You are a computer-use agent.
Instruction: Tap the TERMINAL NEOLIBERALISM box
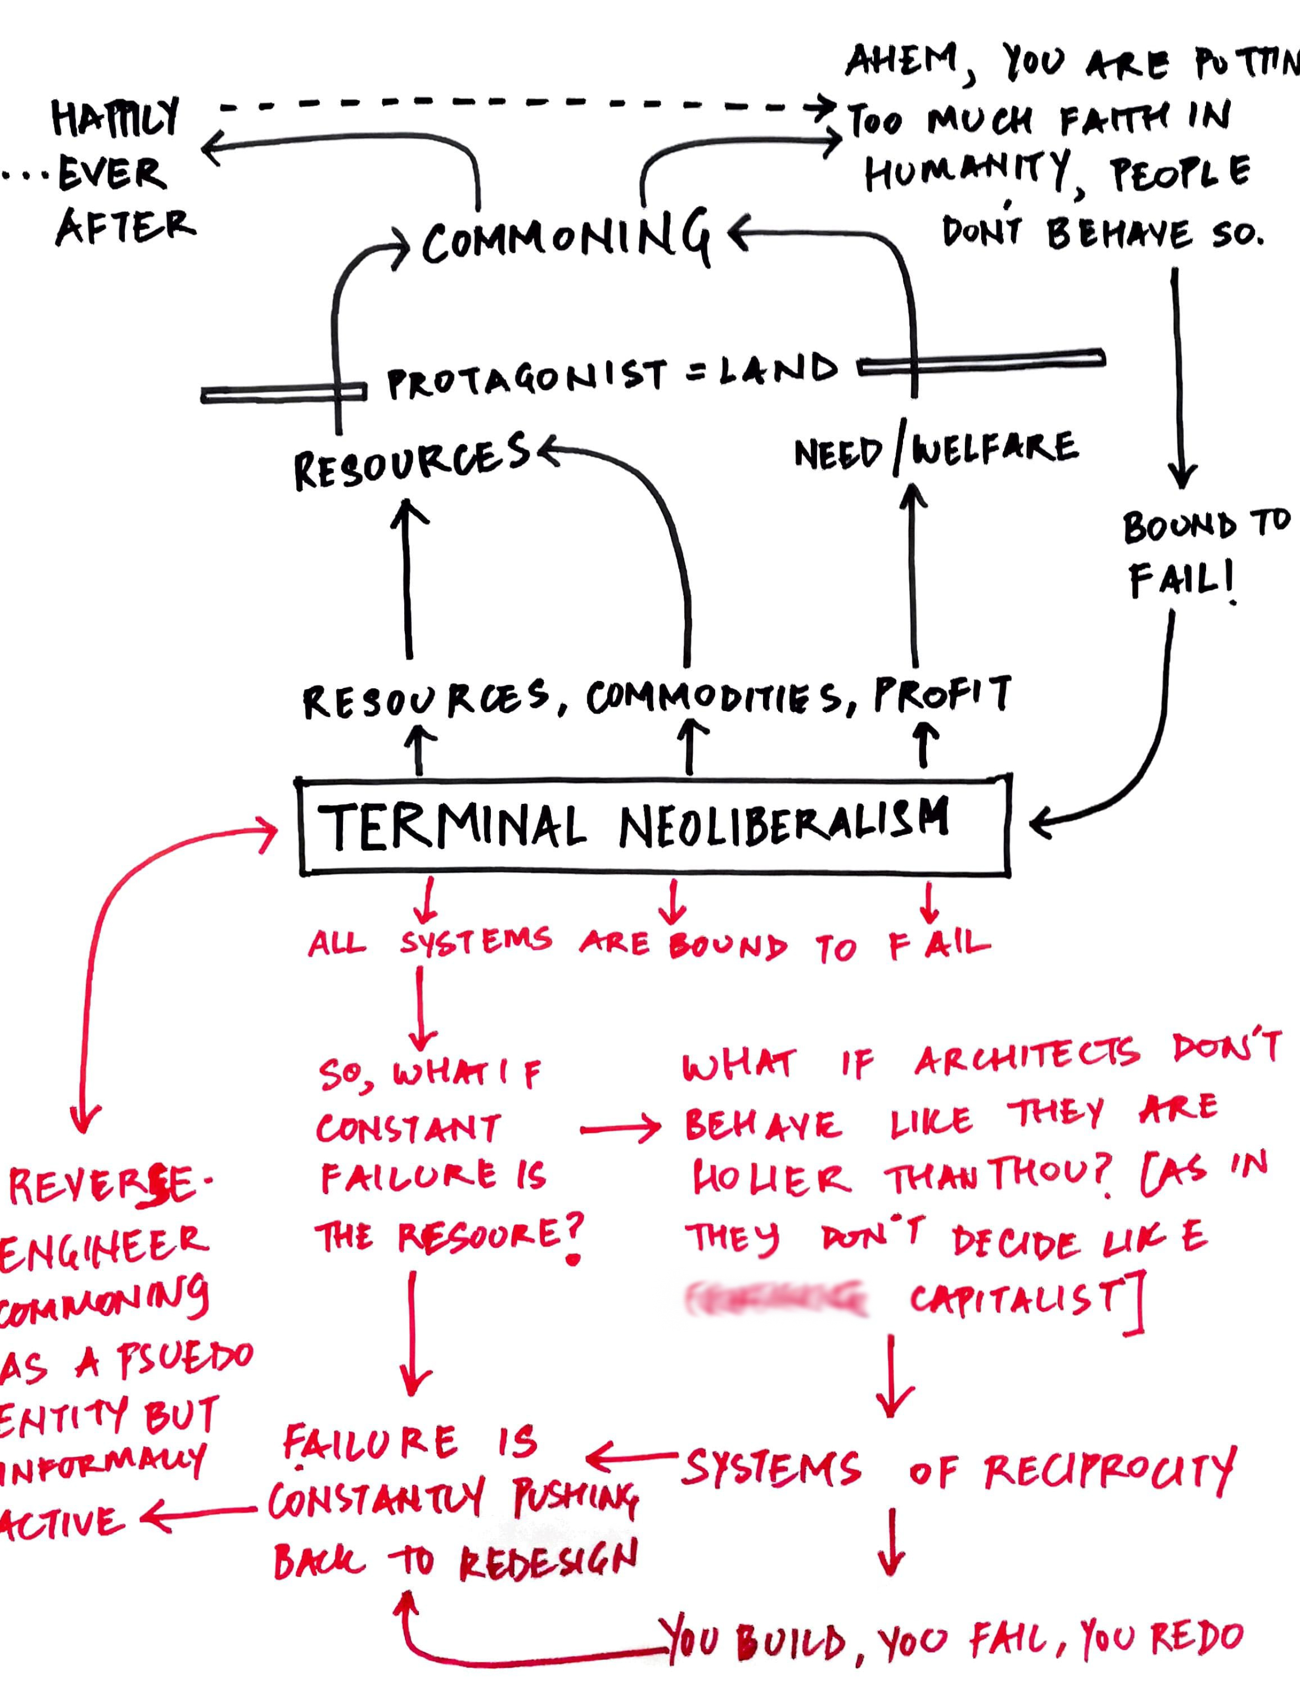[654, 826]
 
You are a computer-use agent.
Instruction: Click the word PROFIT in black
[942, 694]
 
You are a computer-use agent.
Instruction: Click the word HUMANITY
[967, 172]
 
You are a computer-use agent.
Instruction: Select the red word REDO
[1196, 1638]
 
